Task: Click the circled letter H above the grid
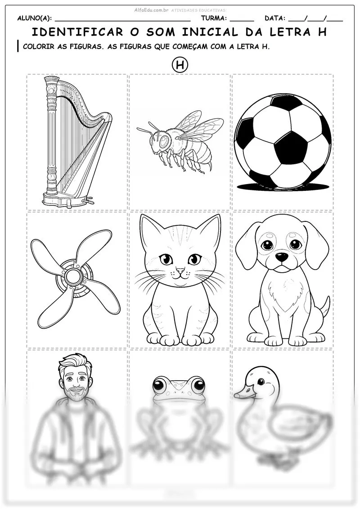click(180, 65)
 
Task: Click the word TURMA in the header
click(213, 18)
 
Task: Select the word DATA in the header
click(274, 18)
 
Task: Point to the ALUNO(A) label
click(34, 18)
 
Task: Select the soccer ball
click(283, 142)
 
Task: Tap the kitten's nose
click(180, 270)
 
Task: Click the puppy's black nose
click(281, 257)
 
